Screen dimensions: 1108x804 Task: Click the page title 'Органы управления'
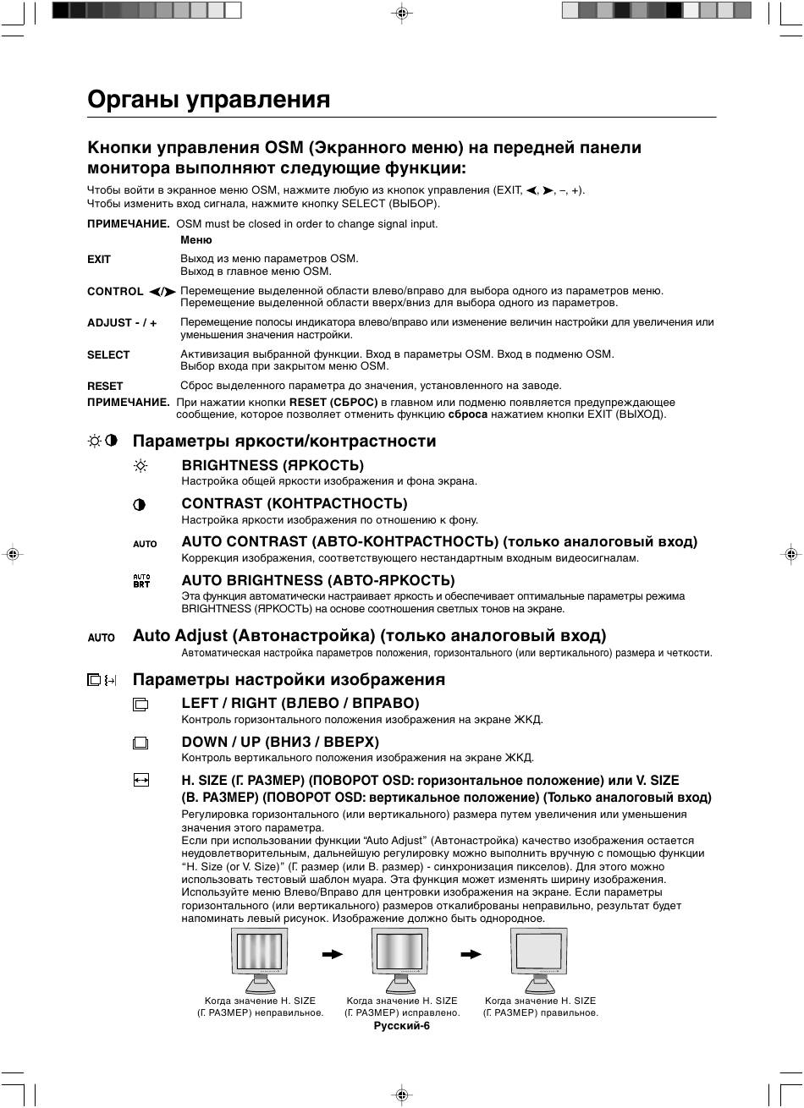point(208,100)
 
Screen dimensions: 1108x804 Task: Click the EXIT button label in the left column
point(99,260)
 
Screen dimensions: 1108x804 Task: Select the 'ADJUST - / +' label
point(122,323)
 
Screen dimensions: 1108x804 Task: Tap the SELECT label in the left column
point(108,355)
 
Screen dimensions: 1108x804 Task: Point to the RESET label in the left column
point(105,386)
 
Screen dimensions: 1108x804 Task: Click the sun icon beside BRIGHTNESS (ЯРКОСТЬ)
point(140,466)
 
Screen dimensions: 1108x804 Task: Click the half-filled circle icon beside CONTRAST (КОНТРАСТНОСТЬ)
point(140,505)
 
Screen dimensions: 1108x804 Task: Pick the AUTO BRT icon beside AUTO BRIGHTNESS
point(141,581)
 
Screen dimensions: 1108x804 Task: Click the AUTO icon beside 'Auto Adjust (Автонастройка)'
point(102,637)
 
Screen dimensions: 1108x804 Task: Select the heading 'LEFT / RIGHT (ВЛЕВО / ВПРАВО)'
point(300,704)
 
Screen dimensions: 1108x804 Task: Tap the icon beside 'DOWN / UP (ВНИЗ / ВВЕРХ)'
point(140,743)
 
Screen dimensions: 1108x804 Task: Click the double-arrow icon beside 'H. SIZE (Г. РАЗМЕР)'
point(140,781)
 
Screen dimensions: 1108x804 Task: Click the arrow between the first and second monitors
point(333,954)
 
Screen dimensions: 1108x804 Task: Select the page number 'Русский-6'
point(402,1026)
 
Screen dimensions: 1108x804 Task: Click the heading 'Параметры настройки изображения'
point(289,680)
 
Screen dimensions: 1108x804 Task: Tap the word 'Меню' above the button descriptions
point(196,240)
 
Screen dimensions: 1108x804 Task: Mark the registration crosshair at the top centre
point(402,13)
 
